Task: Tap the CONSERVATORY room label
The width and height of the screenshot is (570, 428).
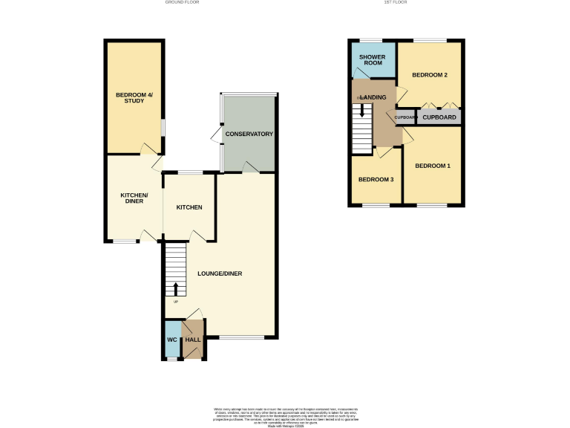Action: tap(249, 134)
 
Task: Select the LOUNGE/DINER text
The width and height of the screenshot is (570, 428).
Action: tap(220, 273)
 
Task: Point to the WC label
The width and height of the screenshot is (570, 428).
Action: tap(171, 340)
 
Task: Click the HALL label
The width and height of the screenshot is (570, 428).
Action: tap(192, 340)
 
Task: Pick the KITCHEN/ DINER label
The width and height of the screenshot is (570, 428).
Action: tap(134, 198)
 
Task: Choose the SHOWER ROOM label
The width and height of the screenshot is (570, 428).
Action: tap(372, 60)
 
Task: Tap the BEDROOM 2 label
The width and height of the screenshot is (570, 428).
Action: tap(429, 75)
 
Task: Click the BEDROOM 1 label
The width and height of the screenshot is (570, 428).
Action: tap(432, 166)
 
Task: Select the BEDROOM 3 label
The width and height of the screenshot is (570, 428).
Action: tap(376, 180)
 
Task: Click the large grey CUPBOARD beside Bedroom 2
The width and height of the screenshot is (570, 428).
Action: tap(439, 117)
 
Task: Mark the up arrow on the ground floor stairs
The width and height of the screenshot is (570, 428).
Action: tap(176, 288)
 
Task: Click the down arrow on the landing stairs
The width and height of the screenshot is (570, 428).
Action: tap(362, 111)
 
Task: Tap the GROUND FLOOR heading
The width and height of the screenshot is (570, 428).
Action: tap(182, 3)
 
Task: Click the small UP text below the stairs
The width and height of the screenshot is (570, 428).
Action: tap(176, 302)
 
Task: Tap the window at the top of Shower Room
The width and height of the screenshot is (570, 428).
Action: tap(371, 39)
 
